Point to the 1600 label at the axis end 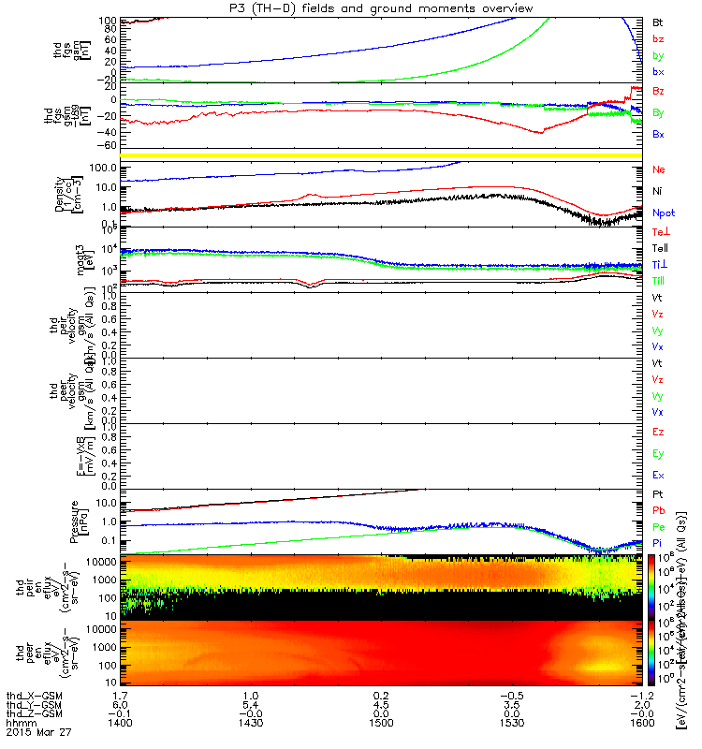[x=641, y=724]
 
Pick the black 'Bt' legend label [x=659, y=21]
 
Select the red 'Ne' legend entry [x=659, y=170]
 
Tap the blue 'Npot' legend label [x=664, y=213]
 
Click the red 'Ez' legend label [x=659, y=433]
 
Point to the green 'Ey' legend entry [x=659, y=454]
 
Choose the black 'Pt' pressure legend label [x=659, y=494]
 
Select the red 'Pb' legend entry [x=659, y=511]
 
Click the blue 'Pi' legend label [x=659, y=544]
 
